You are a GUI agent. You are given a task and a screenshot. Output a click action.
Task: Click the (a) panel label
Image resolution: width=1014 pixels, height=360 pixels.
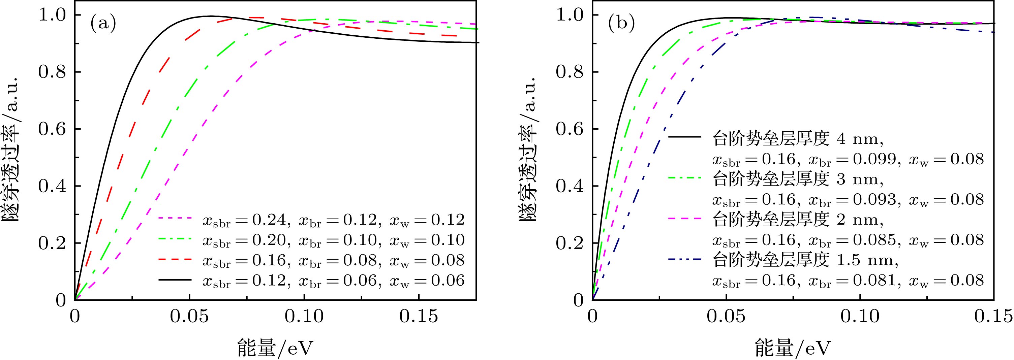click(103, 24)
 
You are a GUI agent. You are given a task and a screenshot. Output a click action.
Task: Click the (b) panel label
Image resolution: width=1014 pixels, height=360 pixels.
click(621, 24)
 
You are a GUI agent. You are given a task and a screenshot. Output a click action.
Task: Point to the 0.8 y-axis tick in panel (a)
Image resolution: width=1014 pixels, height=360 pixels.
click(52, 72)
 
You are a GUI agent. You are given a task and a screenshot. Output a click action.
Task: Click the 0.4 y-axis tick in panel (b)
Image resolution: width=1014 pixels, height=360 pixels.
click(569, 187)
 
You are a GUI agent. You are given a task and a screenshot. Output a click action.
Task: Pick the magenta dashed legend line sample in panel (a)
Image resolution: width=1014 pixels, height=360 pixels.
click(175, 218)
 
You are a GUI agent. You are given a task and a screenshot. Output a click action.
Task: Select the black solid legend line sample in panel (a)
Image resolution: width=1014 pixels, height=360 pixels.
click(175, 280)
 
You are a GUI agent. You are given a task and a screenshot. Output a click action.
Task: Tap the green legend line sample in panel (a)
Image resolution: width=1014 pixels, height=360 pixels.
click(175, 239)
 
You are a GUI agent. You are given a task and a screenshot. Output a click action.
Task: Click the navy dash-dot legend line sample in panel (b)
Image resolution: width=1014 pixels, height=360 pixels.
click(685, 259)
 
